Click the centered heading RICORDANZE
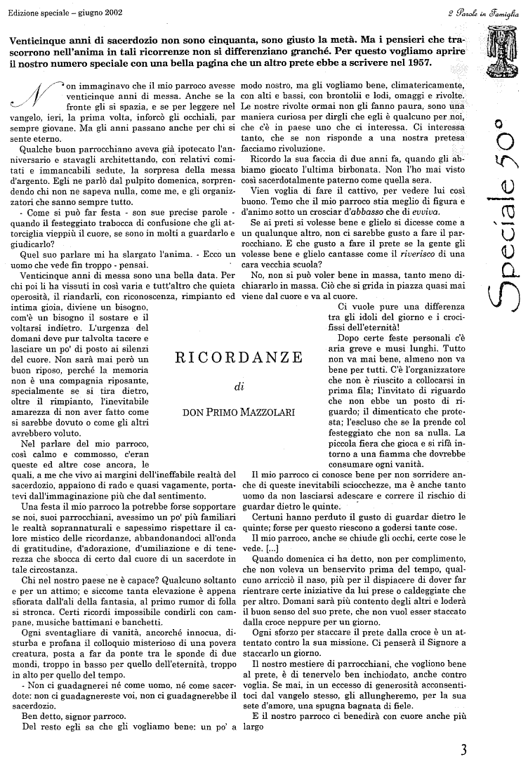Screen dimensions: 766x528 pos(239,357)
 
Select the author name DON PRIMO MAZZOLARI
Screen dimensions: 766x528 pos(239,412)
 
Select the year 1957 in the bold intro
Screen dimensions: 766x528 pos(416,62)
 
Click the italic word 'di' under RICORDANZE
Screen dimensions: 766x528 pos(238,385)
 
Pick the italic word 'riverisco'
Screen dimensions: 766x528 pos(397,253)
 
